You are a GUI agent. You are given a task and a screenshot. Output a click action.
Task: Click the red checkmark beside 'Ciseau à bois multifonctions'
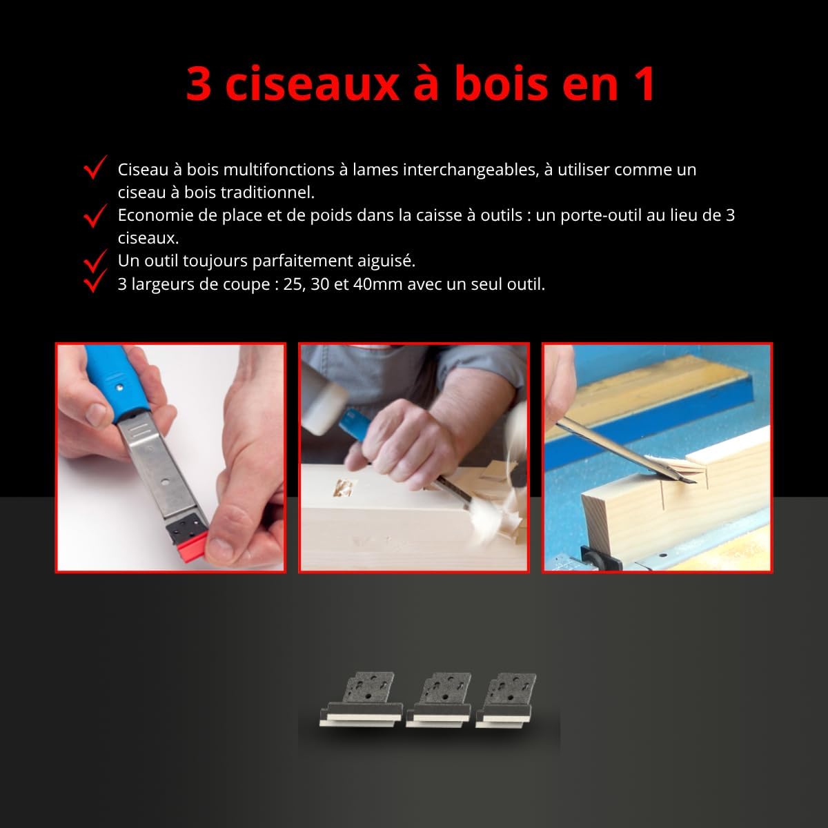tap(95, 167)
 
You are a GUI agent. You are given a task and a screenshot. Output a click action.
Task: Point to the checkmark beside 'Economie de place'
tap(95, 215)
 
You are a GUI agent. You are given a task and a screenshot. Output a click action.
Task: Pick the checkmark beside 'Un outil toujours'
tap(95, 261)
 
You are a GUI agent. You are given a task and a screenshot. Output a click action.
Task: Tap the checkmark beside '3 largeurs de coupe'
tap(95, 281)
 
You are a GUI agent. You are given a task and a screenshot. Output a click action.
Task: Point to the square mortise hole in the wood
tap(344, 488)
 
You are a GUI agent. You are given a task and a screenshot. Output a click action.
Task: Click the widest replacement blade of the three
tap(361, 700)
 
